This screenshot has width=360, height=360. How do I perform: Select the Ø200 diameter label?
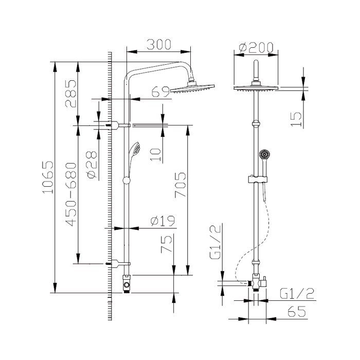[x=256, y=47]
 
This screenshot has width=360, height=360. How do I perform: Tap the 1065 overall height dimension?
[x=47, y=177]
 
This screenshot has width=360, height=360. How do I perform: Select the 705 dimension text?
[x=180, y=185]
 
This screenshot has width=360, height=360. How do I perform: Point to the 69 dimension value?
[x=161, y=92]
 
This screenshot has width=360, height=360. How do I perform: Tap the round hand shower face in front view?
[x=264, y=154]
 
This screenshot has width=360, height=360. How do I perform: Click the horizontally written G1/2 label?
[x=297, y=293]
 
